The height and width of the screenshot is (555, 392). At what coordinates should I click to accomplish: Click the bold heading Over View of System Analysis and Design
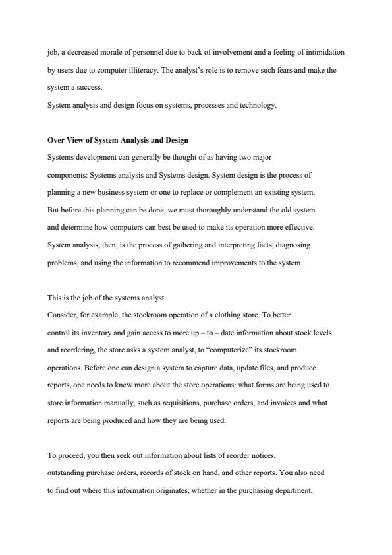(x=118, y=140)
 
